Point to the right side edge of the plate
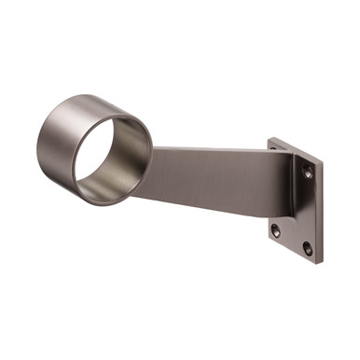[319, 210]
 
